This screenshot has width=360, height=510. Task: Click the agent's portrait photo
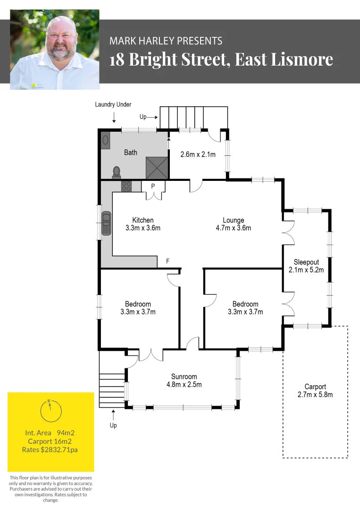coord(55,50)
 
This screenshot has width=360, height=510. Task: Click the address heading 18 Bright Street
coord(221,60)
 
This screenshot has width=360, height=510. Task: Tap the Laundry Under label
coord(113,104)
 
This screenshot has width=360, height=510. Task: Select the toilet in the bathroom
coord(117,172)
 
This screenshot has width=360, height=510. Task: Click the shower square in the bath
coord(157,168)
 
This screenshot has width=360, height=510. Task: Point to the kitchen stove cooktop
coord(126,186)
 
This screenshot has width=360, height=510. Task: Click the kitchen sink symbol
coord(107,223)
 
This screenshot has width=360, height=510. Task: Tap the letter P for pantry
coord(153,186)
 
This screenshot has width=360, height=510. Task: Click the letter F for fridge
coord(167,261)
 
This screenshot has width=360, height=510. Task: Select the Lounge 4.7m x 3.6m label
coord(234,224)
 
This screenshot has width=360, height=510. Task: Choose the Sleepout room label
coord(306,266)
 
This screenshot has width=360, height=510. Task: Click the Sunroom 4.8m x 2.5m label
coord(184,380)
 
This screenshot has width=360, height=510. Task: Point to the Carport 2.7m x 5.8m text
coord(315,391)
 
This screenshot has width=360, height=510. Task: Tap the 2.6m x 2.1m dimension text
coord(198,154)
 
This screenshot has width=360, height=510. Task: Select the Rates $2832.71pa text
coord(50,450)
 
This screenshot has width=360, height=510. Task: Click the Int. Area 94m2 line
coord(50,433)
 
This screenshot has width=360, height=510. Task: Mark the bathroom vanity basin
coord(105,140)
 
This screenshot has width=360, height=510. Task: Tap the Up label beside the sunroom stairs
coord(113,425)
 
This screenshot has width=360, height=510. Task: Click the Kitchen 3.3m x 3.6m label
coord(143,224)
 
